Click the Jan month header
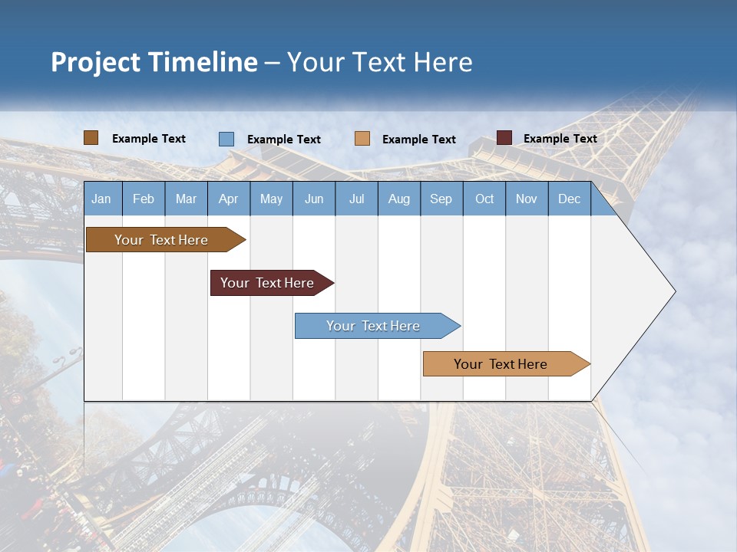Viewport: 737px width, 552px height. pos(101,199)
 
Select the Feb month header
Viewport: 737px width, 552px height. pos(144,199)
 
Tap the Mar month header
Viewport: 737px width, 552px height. pos(186,199)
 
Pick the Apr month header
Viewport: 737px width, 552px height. pos(228,199)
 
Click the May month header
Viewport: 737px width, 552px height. pos(271,199)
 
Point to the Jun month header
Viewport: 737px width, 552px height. pos(314,199)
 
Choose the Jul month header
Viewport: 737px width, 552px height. pos(356,199)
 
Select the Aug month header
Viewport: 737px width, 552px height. pos(399,199)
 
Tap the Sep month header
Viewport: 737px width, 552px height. pos(441,199)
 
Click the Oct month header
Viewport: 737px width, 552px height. pos(484,199)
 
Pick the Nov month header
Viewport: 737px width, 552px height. pos(527,199)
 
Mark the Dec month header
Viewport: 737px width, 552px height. pos(570,199)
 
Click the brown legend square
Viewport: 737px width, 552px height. pos(91,138)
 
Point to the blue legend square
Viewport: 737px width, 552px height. pos(226,139)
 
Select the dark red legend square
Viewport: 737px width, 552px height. pos(504,138)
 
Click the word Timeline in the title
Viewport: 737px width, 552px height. pos(203,62)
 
